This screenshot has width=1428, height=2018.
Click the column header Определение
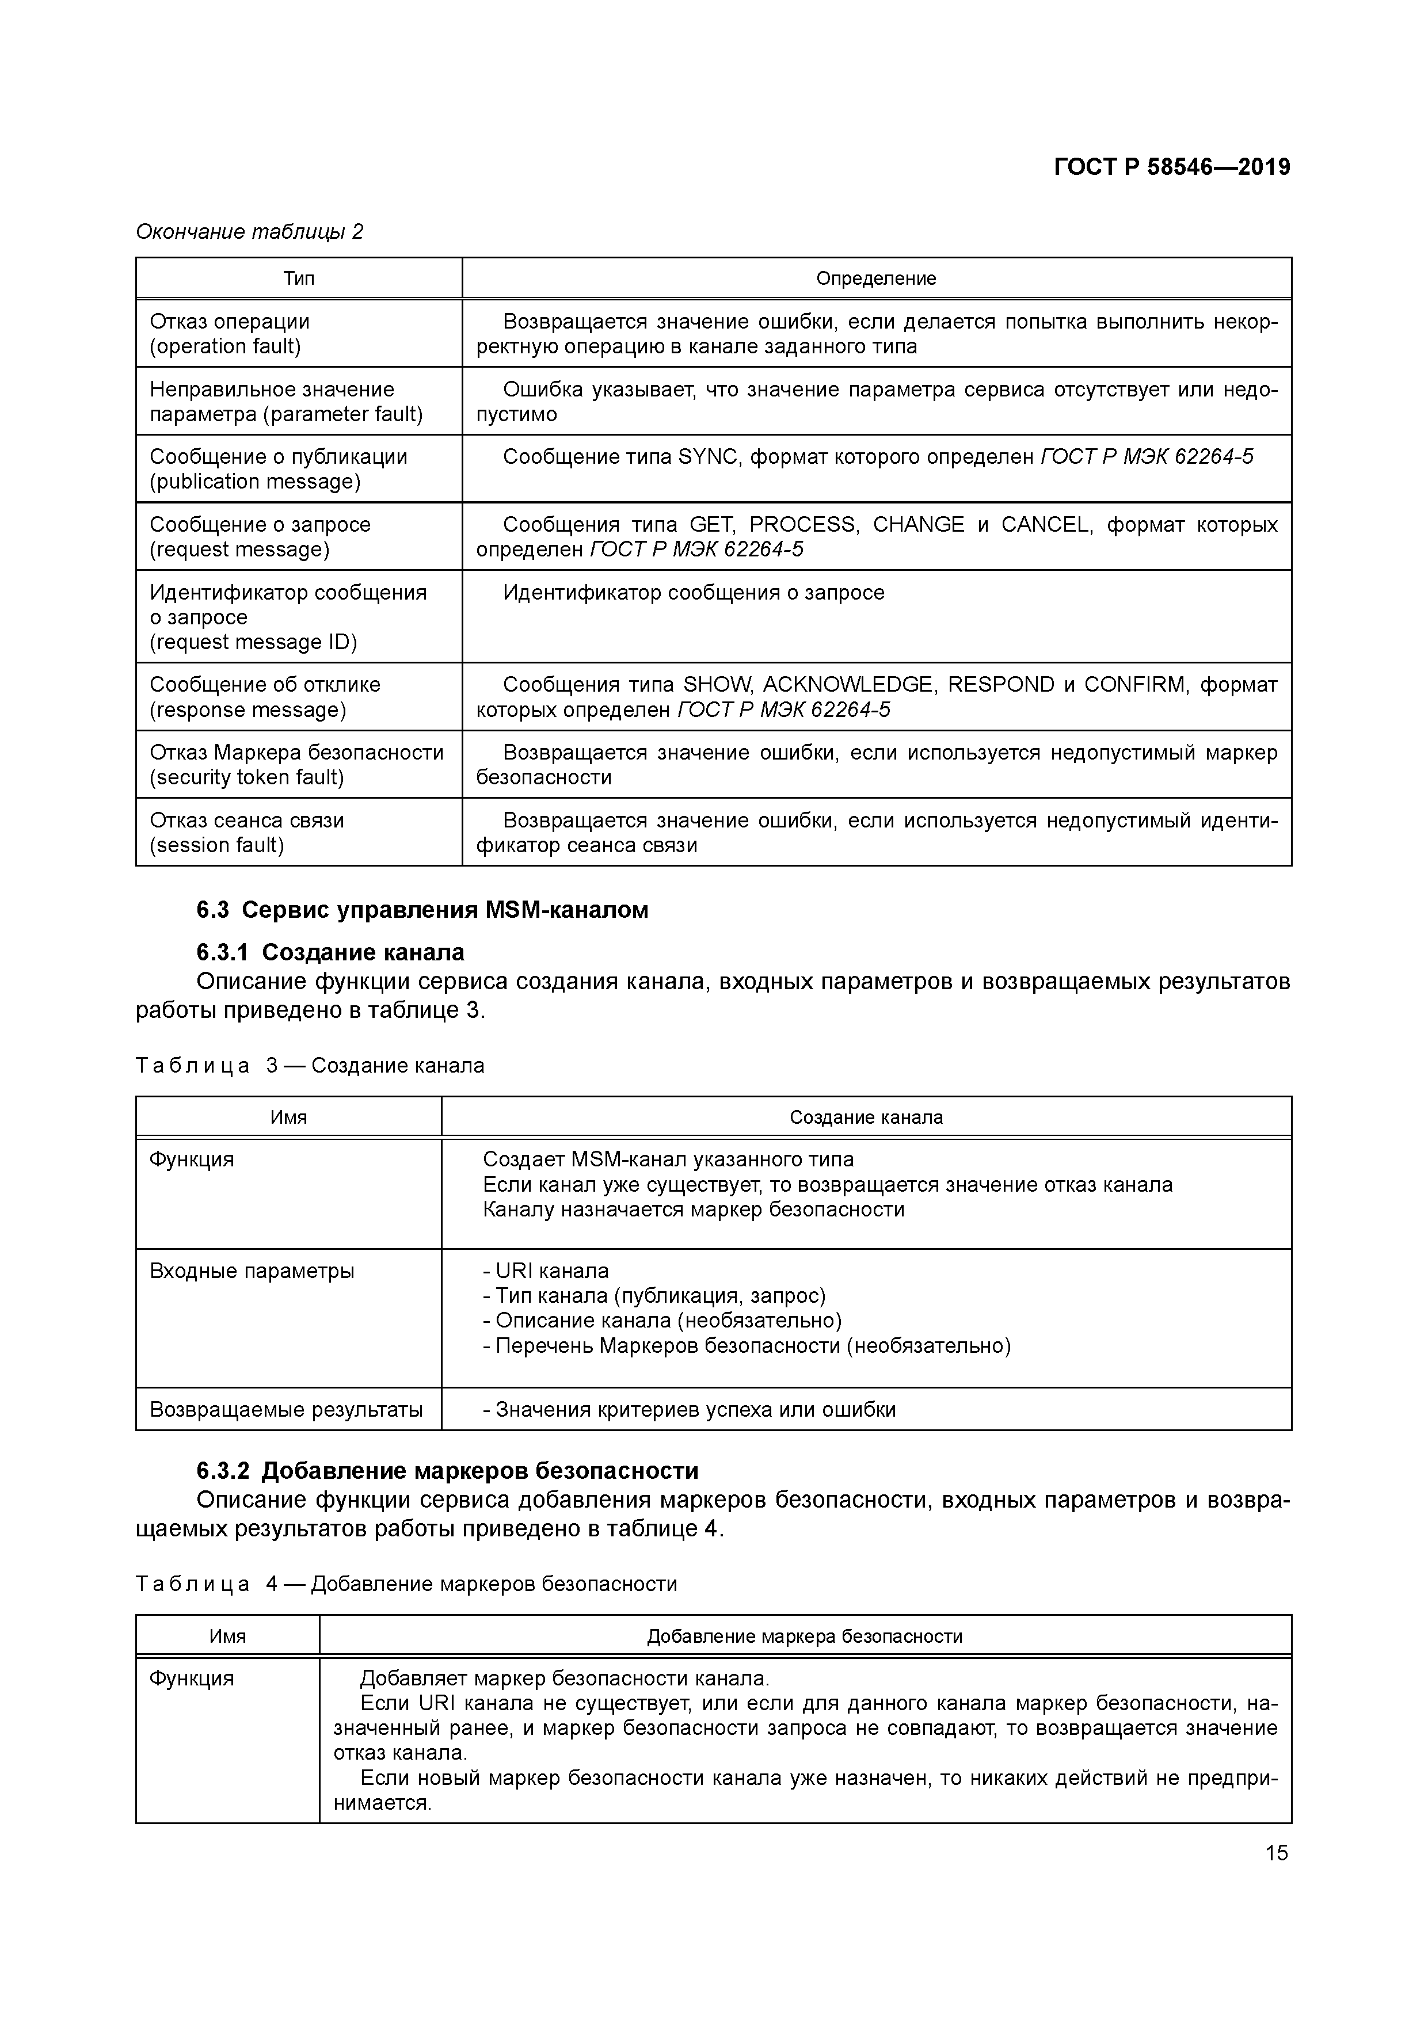876,279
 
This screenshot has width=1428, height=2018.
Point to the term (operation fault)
225,346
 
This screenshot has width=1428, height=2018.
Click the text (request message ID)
253,643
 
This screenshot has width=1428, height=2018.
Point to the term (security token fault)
247,777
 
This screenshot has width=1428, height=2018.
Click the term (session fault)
216,845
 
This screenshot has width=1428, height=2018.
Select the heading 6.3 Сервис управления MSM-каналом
422,910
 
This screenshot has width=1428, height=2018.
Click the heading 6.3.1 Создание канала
330,953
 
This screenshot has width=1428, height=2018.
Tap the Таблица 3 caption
310,1066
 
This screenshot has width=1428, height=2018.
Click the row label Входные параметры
252,1271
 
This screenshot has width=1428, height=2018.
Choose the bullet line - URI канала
545,1271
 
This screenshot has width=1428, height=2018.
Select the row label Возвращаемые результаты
286,1410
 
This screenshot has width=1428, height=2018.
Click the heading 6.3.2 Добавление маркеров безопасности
447,1471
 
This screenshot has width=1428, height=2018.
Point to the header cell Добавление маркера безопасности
805,1636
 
